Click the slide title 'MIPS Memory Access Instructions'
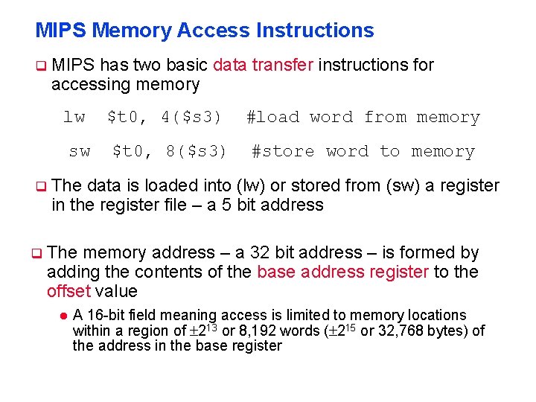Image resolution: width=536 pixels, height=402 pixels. [x=205, y=31]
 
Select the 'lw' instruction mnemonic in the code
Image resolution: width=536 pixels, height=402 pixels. [x=74, y=117]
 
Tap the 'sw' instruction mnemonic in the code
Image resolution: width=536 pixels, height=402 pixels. [x=80, y=151]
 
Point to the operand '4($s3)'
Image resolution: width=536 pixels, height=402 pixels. [x=191, y=117]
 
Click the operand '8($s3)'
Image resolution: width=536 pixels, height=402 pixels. [x=197, y=151]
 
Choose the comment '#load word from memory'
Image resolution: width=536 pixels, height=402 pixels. [x=363, y=117]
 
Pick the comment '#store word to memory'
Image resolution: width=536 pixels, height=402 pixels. [x=363, y=151]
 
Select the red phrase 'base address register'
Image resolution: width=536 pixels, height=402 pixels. [x=342, y=272]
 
